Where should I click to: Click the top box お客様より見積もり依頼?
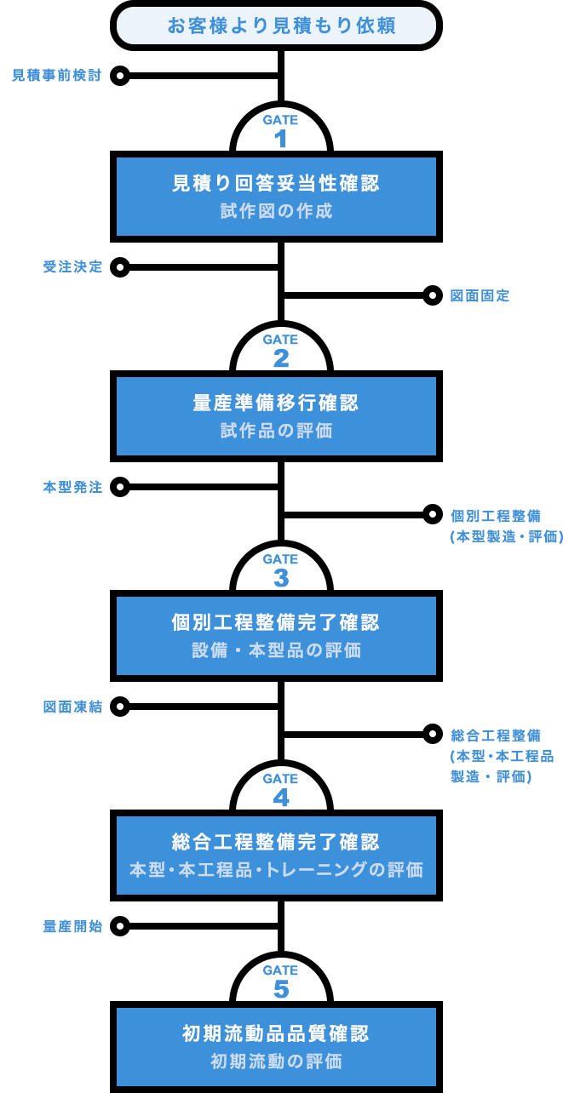280,26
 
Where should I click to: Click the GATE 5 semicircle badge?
280,981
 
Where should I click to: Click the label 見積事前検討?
56,76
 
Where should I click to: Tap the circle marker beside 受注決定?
120,267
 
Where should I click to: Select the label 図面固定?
480,296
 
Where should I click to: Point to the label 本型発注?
72,488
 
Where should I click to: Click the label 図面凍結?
72,707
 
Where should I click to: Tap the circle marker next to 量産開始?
120,926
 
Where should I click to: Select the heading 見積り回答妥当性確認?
276,183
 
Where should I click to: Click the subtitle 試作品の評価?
276,431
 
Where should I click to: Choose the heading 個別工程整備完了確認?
276,622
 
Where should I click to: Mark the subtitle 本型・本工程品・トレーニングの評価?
276,870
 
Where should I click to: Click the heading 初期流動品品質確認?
276,1033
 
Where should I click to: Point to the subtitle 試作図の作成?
276,211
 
